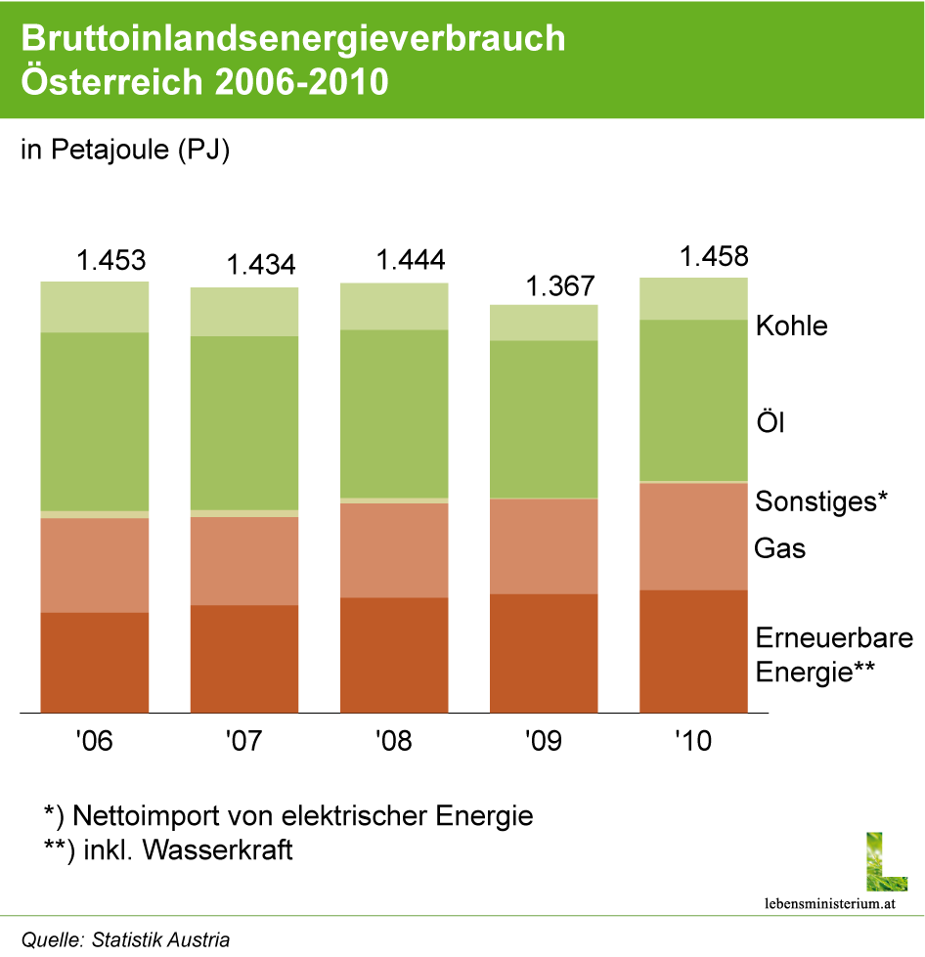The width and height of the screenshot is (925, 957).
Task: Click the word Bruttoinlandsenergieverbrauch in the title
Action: [293, 39]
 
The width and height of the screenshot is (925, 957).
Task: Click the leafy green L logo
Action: [886, 862]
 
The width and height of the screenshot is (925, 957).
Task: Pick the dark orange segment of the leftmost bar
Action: [95, 663]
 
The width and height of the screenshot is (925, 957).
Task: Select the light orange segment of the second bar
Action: [244, 561]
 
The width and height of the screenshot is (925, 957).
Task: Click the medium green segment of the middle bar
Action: [394, 413]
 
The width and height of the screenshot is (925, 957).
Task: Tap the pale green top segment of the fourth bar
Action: [544, 323]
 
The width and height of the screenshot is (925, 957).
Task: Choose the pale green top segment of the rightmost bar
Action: [693, 299]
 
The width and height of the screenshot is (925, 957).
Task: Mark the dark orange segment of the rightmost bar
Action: [693, 651]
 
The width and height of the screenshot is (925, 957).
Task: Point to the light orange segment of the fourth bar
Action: [544, 546]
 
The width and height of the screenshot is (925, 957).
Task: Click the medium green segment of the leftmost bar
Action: [95, 421]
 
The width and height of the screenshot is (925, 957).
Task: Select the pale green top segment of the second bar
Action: [244, 312]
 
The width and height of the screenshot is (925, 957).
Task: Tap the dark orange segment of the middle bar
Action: [394, 655]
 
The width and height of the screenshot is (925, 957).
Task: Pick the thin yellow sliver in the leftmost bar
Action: [95, 514]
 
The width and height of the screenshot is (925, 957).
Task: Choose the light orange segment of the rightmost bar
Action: [693, 537]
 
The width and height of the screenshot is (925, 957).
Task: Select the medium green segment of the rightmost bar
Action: [693, 401]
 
